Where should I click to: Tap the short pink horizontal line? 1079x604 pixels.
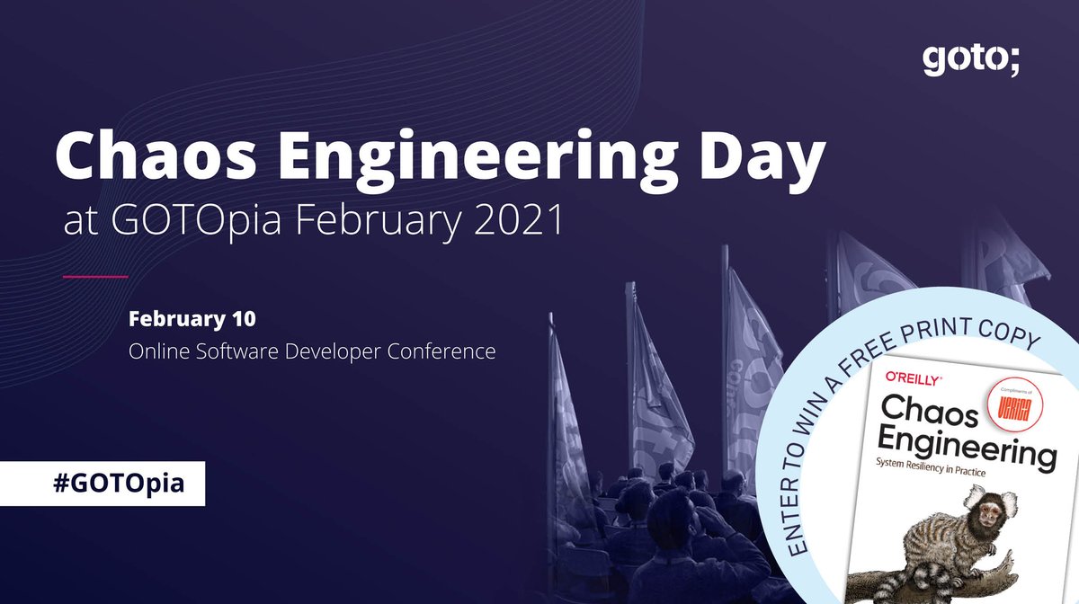coord(95,276)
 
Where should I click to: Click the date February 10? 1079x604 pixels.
coord(192,319)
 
